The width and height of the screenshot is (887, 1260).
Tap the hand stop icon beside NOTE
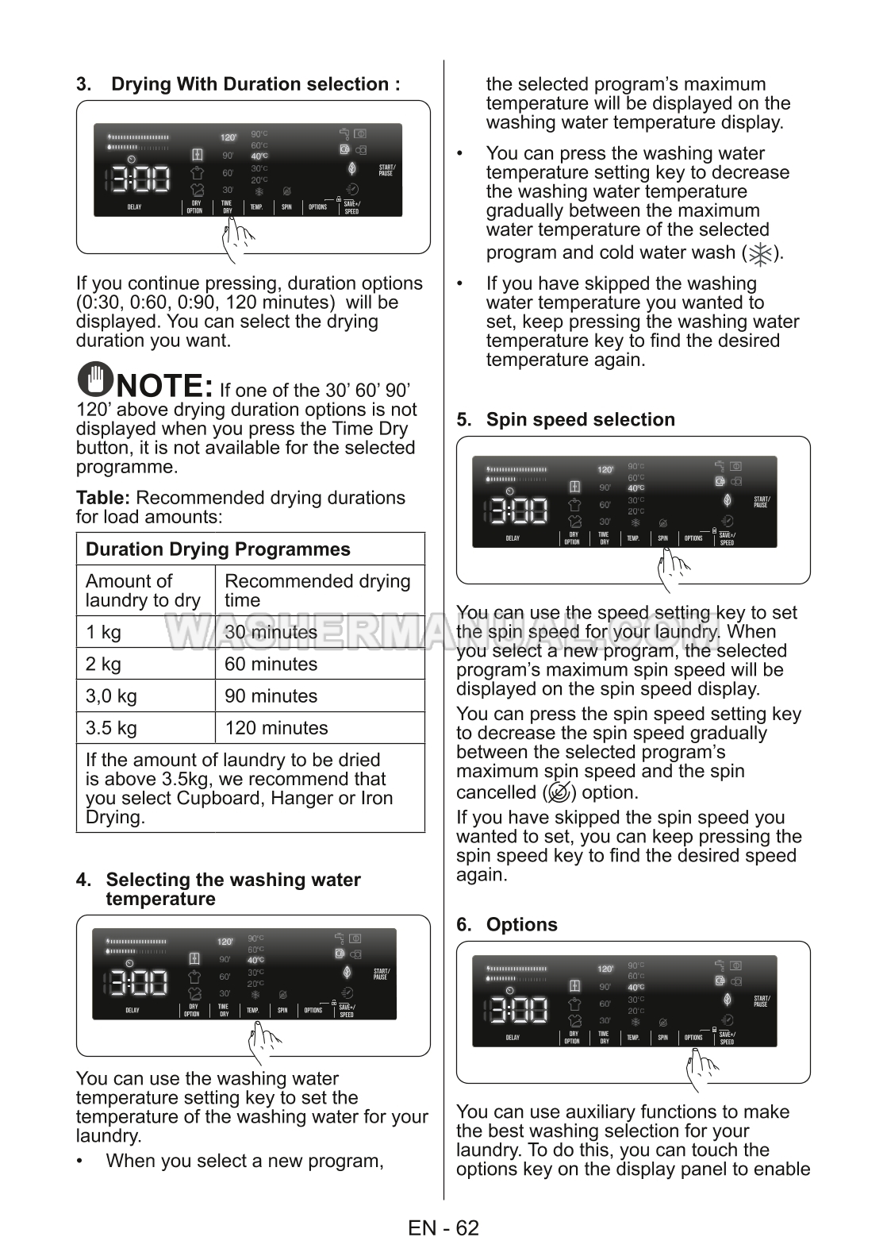[x=94, y=380]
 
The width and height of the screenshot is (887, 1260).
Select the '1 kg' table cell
[x=104, y=633]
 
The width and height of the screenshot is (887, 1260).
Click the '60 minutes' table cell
[x=271, y=665]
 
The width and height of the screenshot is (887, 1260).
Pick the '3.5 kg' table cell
[x=111, y=728]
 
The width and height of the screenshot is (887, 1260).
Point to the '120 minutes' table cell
[x=276, y=728]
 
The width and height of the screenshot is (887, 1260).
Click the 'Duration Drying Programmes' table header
[x=217, y=549]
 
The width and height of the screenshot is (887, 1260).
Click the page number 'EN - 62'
[x=443, y=1228]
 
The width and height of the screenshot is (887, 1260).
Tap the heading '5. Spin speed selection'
[x=580, y=420]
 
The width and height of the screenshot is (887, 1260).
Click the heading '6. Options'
[x=521, y=925]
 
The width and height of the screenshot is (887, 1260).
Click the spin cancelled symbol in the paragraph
[x=559, y=792]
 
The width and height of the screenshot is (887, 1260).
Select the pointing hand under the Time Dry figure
[x=238, y=238]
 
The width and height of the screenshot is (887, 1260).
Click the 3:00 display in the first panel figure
[x=138, y=179]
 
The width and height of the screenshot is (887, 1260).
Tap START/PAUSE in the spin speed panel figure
[x=761, y=502]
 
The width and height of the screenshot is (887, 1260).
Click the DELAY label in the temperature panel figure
[x=132, y=1011]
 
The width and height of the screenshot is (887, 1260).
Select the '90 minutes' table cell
[x=271, y=696]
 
